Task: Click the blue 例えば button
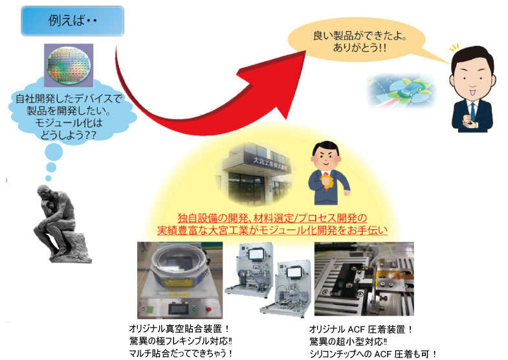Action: [72, 21]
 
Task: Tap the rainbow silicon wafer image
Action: [69, 65]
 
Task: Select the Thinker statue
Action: [61, 223]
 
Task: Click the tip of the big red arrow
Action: [305, 52]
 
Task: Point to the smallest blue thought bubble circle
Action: [49, 178]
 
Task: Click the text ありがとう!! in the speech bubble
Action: [359, 48]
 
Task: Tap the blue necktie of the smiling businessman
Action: [472, 111]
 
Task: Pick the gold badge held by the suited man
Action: [326, 182]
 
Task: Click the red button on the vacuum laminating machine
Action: [209, 309]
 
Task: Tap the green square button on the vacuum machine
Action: [149, 309]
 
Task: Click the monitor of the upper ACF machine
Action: [257, 253]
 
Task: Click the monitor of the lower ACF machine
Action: [295, 272]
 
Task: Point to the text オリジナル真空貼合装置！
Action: [179, 328]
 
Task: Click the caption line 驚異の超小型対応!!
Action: [349, 341]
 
